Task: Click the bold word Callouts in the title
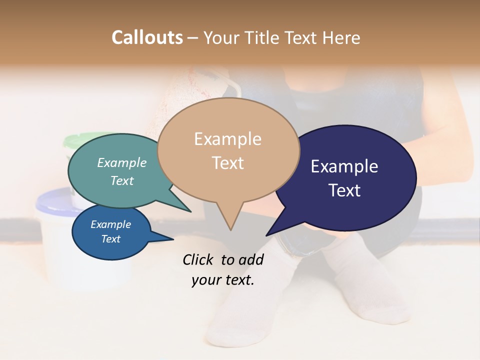click(x=147, y=37)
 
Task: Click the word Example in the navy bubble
click(x=344, y=166)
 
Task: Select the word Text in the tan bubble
click(x=228, y=163)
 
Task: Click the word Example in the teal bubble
click(x=122, y=162)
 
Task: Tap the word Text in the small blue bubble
click(x=111, y=239)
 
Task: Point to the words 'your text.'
click(x=223, y=280)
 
